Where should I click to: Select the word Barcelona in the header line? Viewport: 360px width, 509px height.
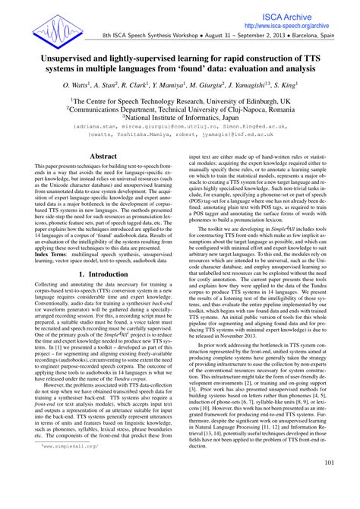(x=303, y=36)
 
